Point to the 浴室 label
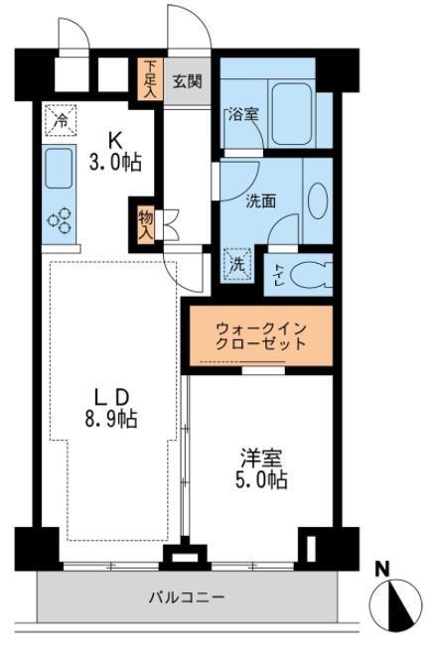[243, 113]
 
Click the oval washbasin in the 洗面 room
[317, 199]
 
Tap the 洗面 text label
[260, 199]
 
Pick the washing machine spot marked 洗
[237, 266]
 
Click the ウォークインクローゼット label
[261, 335]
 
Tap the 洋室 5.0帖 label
[262, 469]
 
